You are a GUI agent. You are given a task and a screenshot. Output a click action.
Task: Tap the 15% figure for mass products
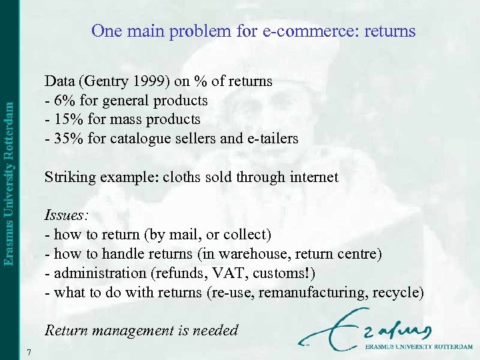coord(66,120)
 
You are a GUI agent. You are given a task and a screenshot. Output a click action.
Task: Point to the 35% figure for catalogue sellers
coord(66,139)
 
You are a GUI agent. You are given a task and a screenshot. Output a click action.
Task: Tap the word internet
coord(315,178)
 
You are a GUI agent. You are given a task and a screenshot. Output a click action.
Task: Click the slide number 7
coord(31,351)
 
